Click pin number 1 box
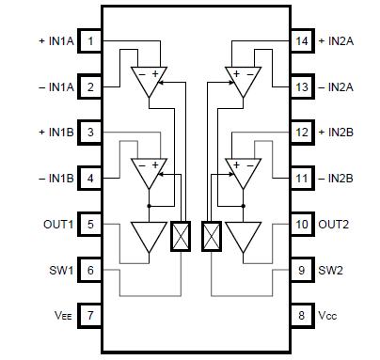[90, 41]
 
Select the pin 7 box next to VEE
[90, 316]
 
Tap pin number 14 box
[302, 41]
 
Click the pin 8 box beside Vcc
[302, 316]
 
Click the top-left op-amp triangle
[148, 80]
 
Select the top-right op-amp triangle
[244, 80]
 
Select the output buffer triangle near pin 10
[244, 236]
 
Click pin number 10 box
[302, 225]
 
